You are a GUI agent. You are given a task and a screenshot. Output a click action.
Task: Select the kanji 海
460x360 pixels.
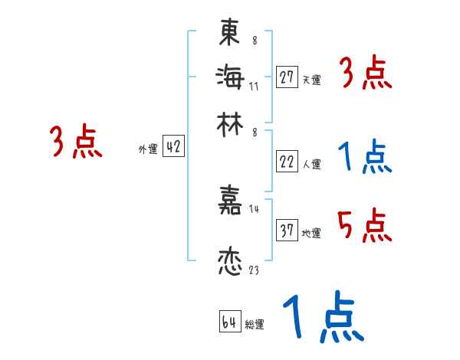(229, 76)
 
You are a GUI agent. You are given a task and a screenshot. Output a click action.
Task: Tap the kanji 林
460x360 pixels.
(229, 120)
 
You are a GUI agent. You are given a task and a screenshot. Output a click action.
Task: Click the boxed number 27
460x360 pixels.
(287, 77)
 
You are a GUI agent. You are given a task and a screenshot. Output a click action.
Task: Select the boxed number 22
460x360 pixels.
(287, 162)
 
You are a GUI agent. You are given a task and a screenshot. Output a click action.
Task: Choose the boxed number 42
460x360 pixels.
(173, 148)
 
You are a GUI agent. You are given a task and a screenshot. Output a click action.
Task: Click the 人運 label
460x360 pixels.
(312, 164)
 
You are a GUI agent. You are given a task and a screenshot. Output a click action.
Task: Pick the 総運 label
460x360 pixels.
(255, 325)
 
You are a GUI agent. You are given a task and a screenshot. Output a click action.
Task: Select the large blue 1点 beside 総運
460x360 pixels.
(321, 318)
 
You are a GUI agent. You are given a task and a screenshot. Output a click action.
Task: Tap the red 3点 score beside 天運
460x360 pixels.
(365, 75)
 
